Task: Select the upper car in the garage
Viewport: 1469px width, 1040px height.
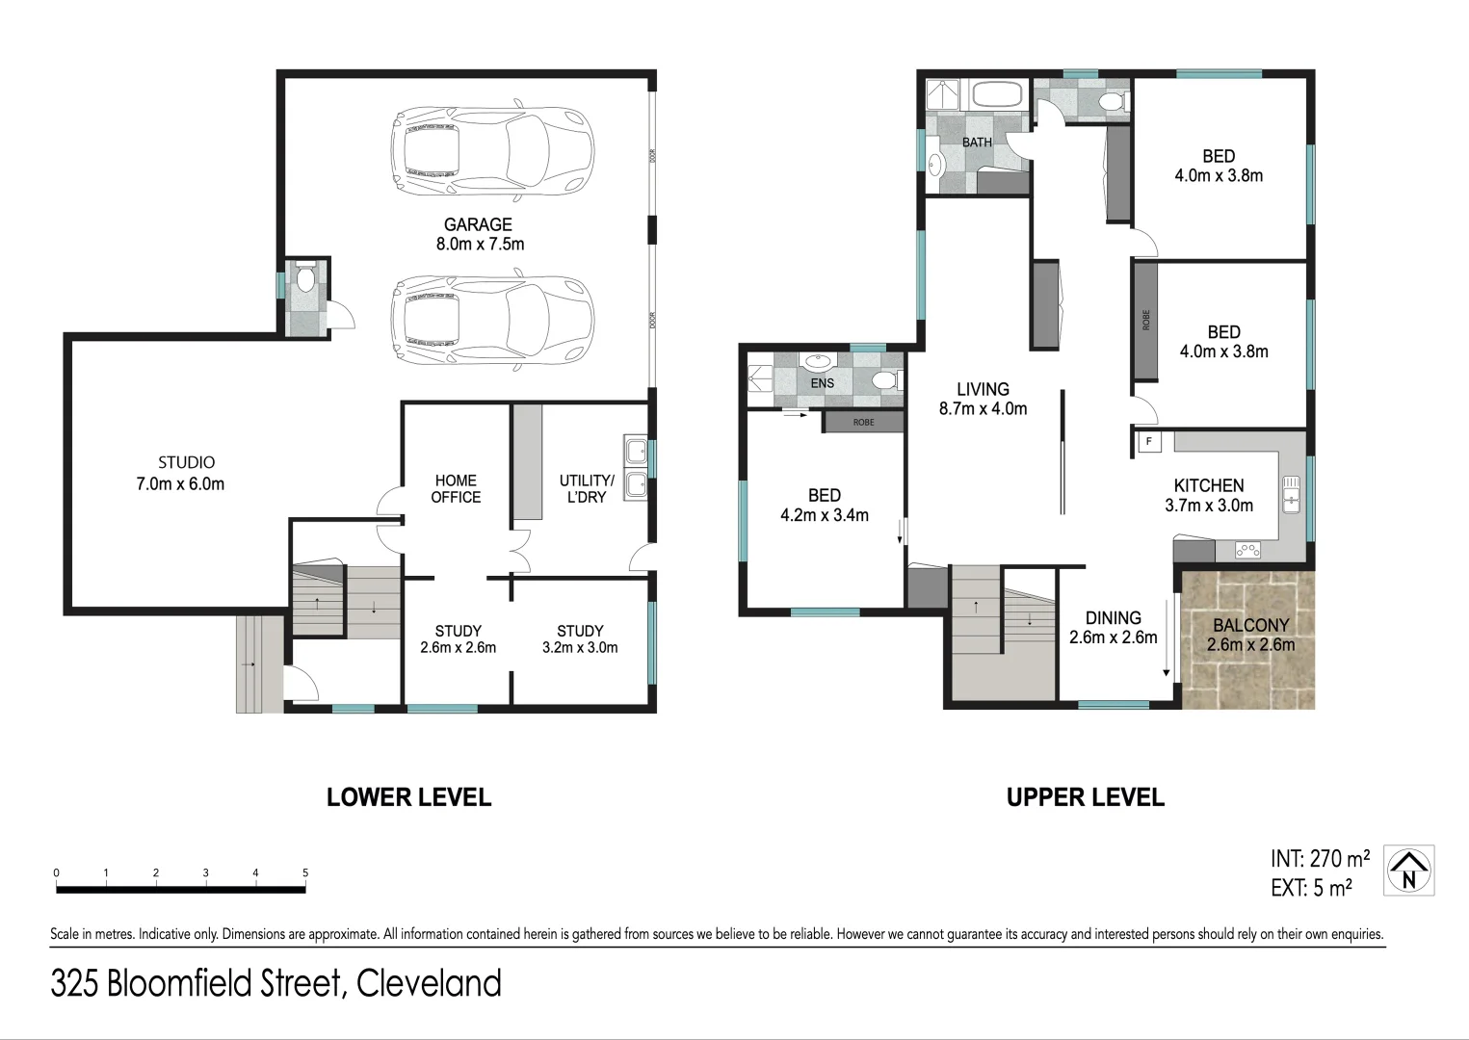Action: [491, 150]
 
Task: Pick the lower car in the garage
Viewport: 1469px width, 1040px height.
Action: [491, 322]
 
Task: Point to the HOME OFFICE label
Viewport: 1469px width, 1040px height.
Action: [456, 488]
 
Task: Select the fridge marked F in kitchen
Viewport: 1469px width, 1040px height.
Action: [1148, 442]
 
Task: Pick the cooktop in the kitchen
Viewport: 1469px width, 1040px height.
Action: [1247, 551]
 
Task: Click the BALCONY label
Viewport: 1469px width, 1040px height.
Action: [1250, 625]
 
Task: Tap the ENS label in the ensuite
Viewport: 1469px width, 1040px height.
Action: [823, 383]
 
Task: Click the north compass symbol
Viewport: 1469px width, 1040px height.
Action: [1409, 871]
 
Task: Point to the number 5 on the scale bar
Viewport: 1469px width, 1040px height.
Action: [305, 873]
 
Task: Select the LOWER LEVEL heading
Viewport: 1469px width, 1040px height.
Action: [408, 797]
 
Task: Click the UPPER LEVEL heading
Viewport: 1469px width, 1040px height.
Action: [1085, 797]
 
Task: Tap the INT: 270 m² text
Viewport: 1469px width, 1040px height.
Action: [1320, 858]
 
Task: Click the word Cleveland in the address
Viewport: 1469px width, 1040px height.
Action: [429, 983]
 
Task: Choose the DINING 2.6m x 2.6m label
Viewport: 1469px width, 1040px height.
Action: [1113, 627]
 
